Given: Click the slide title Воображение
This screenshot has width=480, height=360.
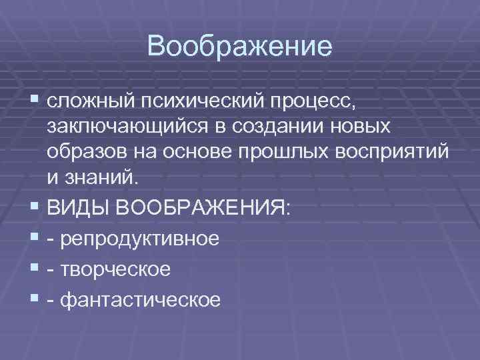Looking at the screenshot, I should (240, 47).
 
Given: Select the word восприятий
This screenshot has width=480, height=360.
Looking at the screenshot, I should (389, 152).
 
